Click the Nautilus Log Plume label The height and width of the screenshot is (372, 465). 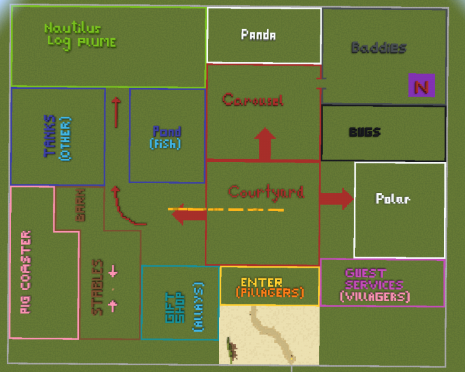pos(80,35)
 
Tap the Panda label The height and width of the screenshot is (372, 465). pos(258,35)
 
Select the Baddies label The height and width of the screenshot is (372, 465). pos(379,48)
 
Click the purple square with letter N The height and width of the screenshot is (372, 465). pos(422,85)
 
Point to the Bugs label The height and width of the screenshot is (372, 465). pos(364,132)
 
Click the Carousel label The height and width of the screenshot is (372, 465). pos(252,99)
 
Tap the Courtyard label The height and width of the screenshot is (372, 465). pos(266,192)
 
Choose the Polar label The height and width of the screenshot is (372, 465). pos(392,199)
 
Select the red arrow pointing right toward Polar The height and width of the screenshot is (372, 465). pos(336,199)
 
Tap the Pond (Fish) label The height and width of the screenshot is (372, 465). pos(167,137)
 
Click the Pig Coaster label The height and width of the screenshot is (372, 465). pos(25,272)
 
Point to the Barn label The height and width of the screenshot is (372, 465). pos(81,205)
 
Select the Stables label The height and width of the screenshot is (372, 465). pos(97,287)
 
